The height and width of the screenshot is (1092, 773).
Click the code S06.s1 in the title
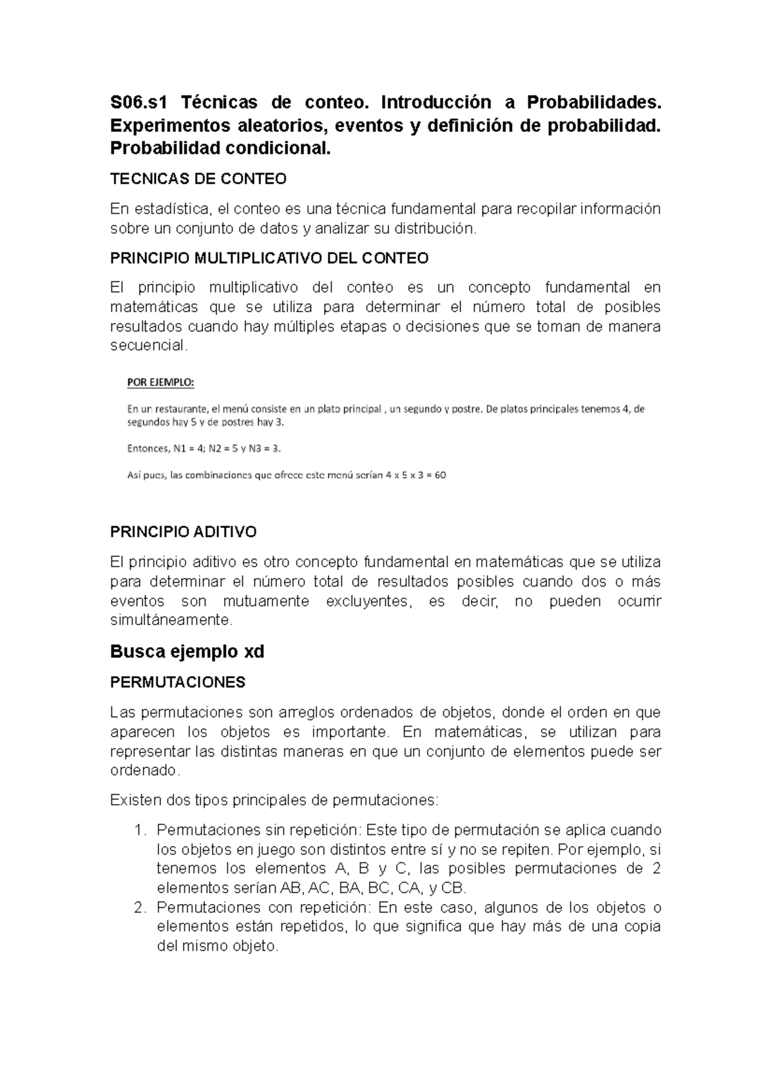pos(137,102)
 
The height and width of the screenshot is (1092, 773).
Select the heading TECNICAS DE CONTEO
pos(198,178)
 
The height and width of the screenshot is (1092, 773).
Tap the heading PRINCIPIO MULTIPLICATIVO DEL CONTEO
pos(269,258)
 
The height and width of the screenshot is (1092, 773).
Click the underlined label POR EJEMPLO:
pos(160,382)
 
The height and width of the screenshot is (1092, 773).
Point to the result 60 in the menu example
pos(440,475)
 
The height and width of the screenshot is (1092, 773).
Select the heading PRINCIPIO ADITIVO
pos(184,532)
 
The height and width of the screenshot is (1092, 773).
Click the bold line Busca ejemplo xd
pos(187,652)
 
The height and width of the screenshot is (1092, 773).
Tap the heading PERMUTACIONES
pos(178,682)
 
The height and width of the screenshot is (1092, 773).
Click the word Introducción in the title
pos(431,102)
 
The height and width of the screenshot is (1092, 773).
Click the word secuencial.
pos(149,346)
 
